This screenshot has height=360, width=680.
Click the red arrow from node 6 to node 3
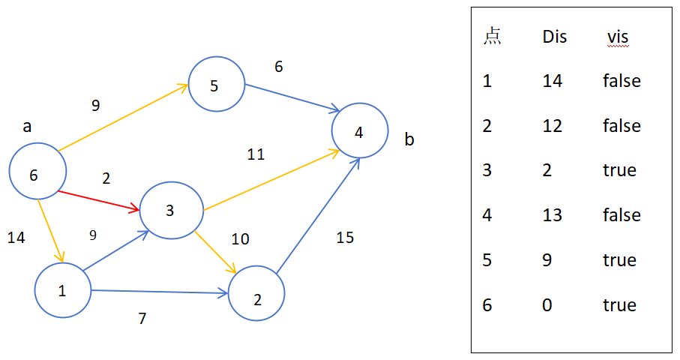coord(98,201)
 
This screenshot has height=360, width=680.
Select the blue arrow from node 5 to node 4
coord(292,98)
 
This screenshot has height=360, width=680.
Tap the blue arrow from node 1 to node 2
coord(160,292)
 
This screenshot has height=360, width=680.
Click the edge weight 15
coord(345,238)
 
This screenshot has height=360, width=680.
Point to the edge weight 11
coord(256,154)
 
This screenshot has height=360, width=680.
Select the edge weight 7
coord(142,318)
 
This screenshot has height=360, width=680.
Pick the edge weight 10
coord(240,239)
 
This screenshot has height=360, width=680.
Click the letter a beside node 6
coord(27,127)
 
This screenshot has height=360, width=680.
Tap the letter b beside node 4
coord(409,139)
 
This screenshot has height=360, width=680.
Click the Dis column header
coord(555,37)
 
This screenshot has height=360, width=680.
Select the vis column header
coord(618,37)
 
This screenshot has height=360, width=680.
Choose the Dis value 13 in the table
coord(553,215)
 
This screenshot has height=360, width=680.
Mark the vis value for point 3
coord(620,170)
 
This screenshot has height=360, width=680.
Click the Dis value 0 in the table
coord(547,305)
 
